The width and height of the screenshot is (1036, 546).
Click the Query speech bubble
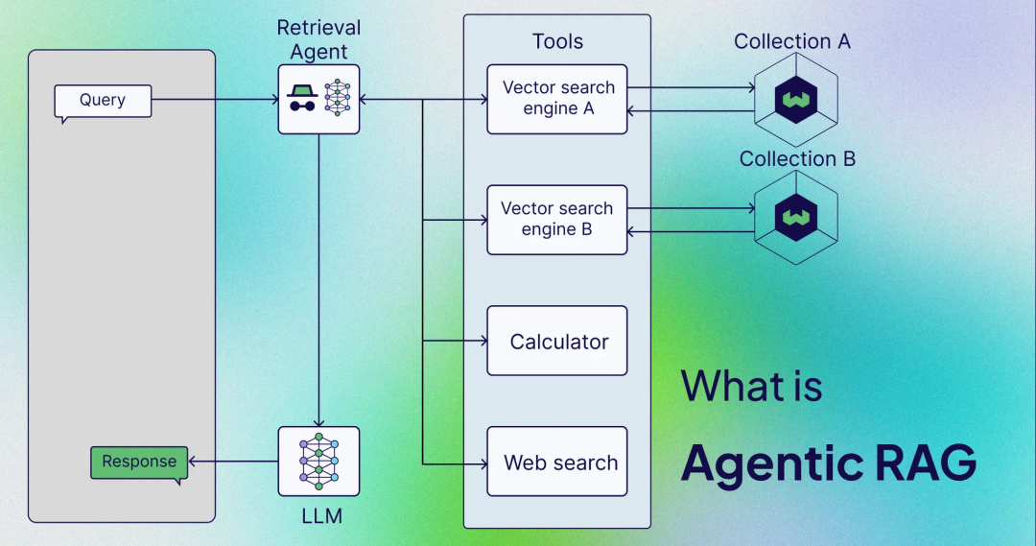[103, 101]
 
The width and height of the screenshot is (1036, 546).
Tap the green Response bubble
[139, 463]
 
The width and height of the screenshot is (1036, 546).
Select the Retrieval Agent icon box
[318, 99]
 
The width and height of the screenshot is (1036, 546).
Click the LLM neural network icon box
[318, 462]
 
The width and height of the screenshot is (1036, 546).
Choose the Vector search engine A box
[557, 99]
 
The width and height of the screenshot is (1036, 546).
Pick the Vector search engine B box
[557, 220]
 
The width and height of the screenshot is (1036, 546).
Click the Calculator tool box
[557, 341]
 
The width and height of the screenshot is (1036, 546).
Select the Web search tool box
[557, 462]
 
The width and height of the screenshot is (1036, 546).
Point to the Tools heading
[557, 41]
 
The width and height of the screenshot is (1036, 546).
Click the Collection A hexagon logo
[795, 99]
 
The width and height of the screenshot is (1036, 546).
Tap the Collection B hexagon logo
[795, 218]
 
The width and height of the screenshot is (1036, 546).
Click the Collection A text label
[792, 41]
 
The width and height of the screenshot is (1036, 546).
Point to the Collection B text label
[797, 158]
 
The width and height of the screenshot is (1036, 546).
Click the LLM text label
[318, 517]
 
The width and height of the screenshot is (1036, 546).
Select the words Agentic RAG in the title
[829, 463]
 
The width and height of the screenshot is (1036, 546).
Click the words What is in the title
[752, 386]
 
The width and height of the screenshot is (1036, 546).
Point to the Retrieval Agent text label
[318, 39]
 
